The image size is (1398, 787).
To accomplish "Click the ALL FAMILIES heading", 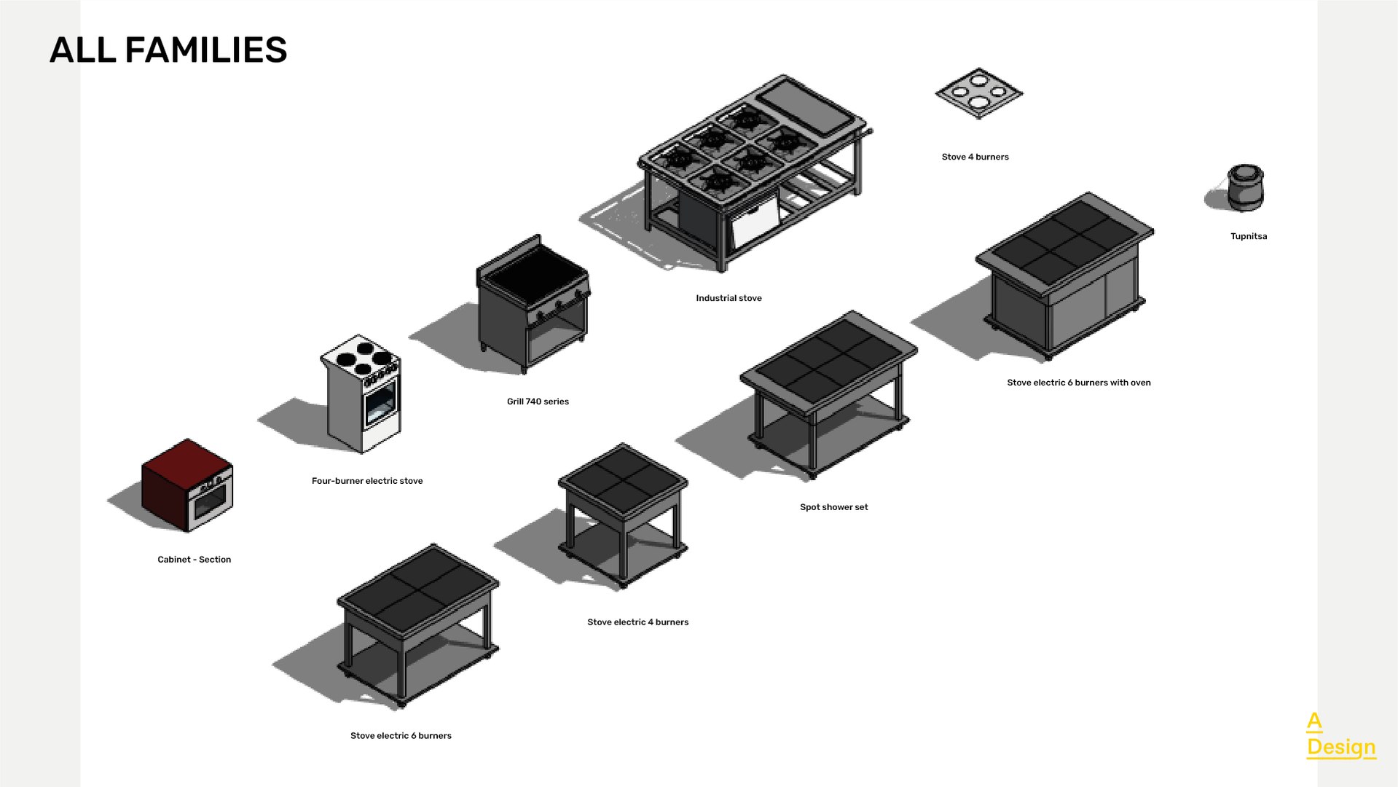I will (x=168, y=50).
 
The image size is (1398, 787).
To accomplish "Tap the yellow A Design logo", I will (x=1340, y=736).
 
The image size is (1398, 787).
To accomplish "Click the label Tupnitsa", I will (x=1248, y=236).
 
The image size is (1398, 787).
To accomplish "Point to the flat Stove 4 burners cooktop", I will (x=978, y=93).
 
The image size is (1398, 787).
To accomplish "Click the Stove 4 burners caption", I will (x=975, y=157).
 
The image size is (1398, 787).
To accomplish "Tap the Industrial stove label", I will (x=729, y=298).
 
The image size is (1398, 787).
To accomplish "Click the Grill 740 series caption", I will (x=538, y=402).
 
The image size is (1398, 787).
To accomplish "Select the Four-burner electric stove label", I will (x=366, y=481).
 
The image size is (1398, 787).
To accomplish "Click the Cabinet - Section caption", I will (x=194, y=560).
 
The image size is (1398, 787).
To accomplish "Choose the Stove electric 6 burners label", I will (x=401, y=736).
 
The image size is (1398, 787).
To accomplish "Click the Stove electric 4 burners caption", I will (x=637, y=622).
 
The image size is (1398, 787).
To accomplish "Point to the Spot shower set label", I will (x=833, y=507).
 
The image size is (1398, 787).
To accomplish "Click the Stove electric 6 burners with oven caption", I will (x=1078, y=383).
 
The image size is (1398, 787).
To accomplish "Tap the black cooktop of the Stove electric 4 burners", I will (x=623, y=478).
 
